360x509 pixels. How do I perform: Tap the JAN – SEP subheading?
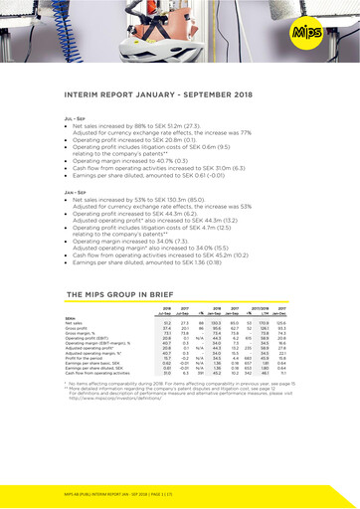click(x=74, y=192)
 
